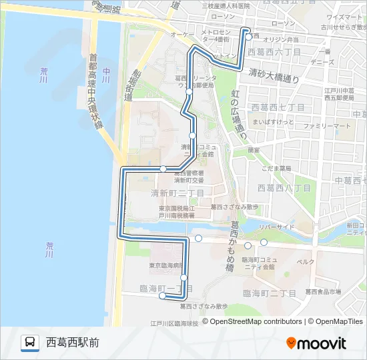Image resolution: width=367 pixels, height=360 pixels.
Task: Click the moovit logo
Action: pyautogui.click(x=316, y=343)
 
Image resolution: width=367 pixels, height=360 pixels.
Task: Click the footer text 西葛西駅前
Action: pyautogui.click(x=73, y=343)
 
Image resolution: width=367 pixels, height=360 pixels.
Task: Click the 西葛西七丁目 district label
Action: pyautogui.click(x=278, y=107)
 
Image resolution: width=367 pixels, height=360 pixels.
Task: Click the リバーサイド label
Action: pyautogui.click(x=277, y=227)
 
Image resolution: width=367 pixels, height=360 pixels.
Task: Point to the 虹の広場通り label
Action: pyautogui.click(x=236, y=113)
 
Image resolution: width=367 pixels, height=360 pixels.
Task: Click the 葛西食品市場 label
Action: pyautogui.click(x=323, y=291)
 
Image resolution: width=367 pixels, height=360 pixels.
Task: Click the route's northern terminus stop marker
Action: pyautogui.click(x=248, y=37)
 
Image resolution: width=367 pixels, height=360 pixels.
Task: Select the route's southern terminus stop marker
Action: pyautogui.click(x=162, y=298)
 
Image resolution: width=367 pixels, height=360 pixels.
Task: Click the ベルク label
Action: pyautogui.click(x=306, y=261)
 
